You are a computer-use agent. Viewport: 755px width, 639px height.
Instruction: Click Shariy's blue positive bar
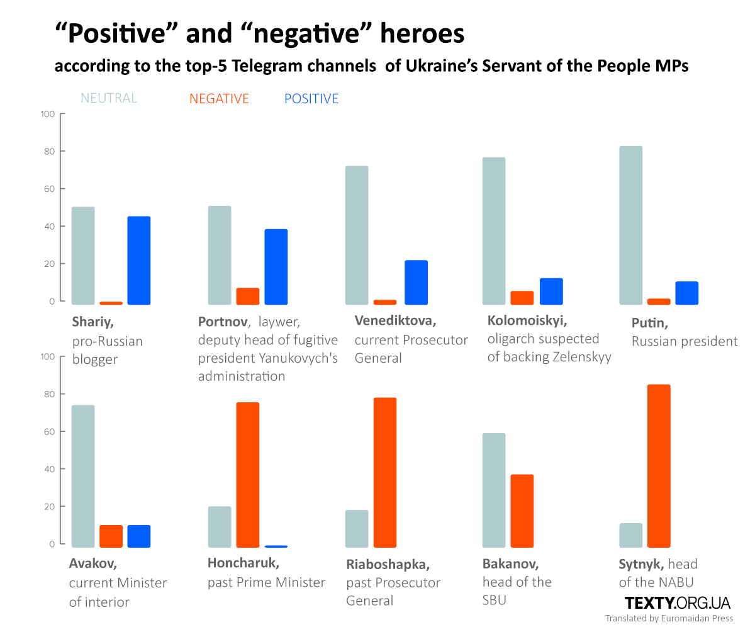[x=139, y=261]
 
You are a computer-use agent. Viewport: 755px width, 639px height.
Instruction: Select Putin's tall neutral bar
[x=631, y=225]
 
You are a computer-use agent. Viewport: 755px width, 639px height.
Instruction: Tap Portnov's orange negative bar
[x=248, y=297]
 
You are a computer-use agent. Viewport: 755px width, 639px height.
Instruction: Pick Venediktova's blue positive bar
[x=416, y=283]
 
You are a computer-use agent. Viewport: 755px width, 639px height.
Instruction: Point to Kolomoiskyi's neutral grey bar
[x=494, y=231]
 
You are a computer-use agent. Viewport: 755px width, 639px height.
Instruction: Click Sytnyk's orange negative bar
[x=659, y=466]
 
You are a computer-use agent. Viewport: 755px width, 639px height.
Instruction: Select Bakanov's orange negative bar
[x=522, y=511]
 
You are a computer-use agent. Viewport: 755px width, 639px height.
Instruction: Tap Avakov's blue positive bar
[x=139, y=536]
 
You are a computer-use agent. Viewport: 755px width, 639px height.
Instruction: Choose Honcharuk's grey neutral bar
[x=220, y=527]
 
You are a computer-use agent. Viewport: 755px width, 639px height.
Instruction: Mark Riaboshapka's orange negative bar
[x=385, y=472]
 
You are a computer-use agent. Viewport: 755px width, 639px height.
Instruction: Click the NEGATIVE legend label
[x=219, y=99]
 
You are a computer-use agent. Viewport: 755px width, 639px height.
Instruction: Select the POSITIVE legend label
[x=311, y=99]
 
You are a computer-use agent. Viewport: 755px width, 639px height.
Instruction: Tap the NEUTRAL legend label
[x=109, y=98]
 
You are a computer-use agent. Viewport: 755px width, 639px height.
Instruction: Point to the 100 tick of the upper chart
[x=48, y=114]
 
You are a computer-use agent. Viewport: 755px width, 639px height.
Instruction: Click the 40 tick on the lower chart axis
[x=48, y=469]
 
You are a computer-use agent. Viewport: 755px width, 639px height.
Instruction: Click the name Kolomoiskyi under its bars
[x=527, y=320]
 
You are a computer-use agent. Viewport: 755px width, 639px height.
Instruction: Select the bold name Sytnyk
[x=641, y=564]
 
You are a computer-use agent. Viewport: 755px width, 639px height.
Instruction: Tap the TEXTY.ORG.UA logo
[x=678, y=603]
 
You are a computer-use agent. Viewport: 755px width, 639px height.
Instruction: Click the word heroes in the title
[x=422, y=33]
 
